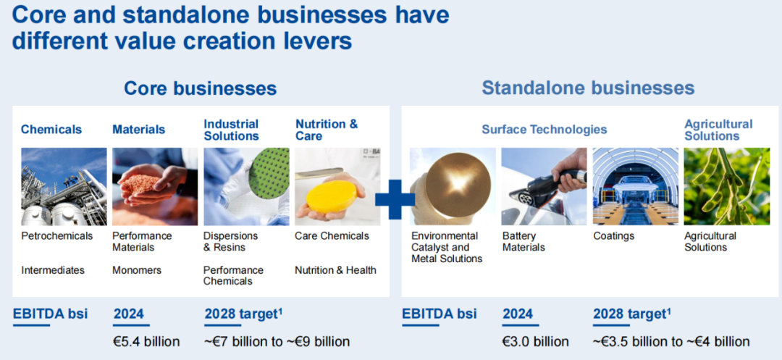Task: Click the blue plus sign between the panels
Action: click(x=395, y=199)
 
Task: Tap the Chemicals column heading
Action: click(x=51, y=130)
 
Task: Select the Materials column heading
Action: click(x=138, y=130)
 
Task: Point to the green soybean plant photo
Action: click(x=727, y=186)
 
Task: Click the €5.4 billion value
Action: click(x=146, y=342)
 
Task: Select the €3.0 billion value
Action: click(x=536, y=342)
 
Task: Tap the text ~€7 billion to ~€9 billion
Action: click(x=277, y=342)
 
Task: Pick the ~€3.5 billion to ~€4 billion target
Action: click(x=671, y=342)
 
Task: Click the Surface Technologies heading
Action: click(x=544, y=130)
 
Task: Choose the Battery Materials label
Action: click(x=524, y=241)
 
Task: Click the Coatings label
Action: click(x=613, y=236)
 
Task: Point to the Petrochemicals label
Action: click(x=57, y=236)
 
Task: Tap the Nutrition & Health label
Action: click(x=335, y=270)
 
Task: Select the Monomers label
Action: click(x=137, y=270)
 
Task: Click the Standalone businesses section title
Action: click(x=588, y=88)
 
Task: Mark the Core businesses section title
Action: click(x=200, y=88)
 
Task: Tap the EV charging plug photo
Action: click(x=544, y=186)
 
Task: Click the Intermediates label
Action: click(x=53, y=270)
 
